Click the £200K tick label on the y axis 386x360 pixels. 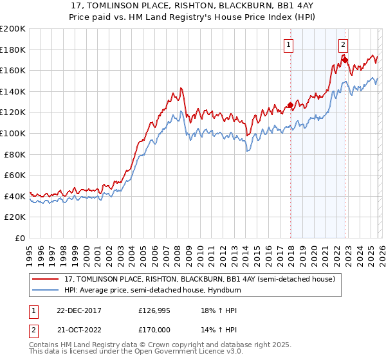tap(13, 29)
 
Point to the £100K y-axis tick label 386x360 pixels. tap(13, 134)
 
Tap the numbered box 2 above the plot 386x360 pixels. tap(344, 44)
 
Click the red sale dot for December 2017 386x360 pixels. tap(290, 105)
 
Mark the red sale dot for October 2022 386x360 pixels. tap(345, 60)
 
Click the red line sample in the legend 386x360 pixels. tap(45, 280)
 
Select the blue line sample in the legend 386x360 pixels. tap(45, 290)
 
